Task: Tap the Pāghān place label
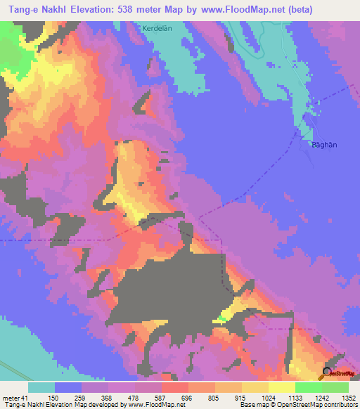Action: [x=325, y=144]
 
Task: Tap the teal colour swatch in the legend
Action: [x=41, y=387]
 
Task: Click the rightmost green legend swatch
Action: [x=335, y=387]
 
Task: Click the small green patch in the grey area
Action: [x=222, y=319]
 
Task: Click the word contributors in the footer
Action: [x=337, y=404]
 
